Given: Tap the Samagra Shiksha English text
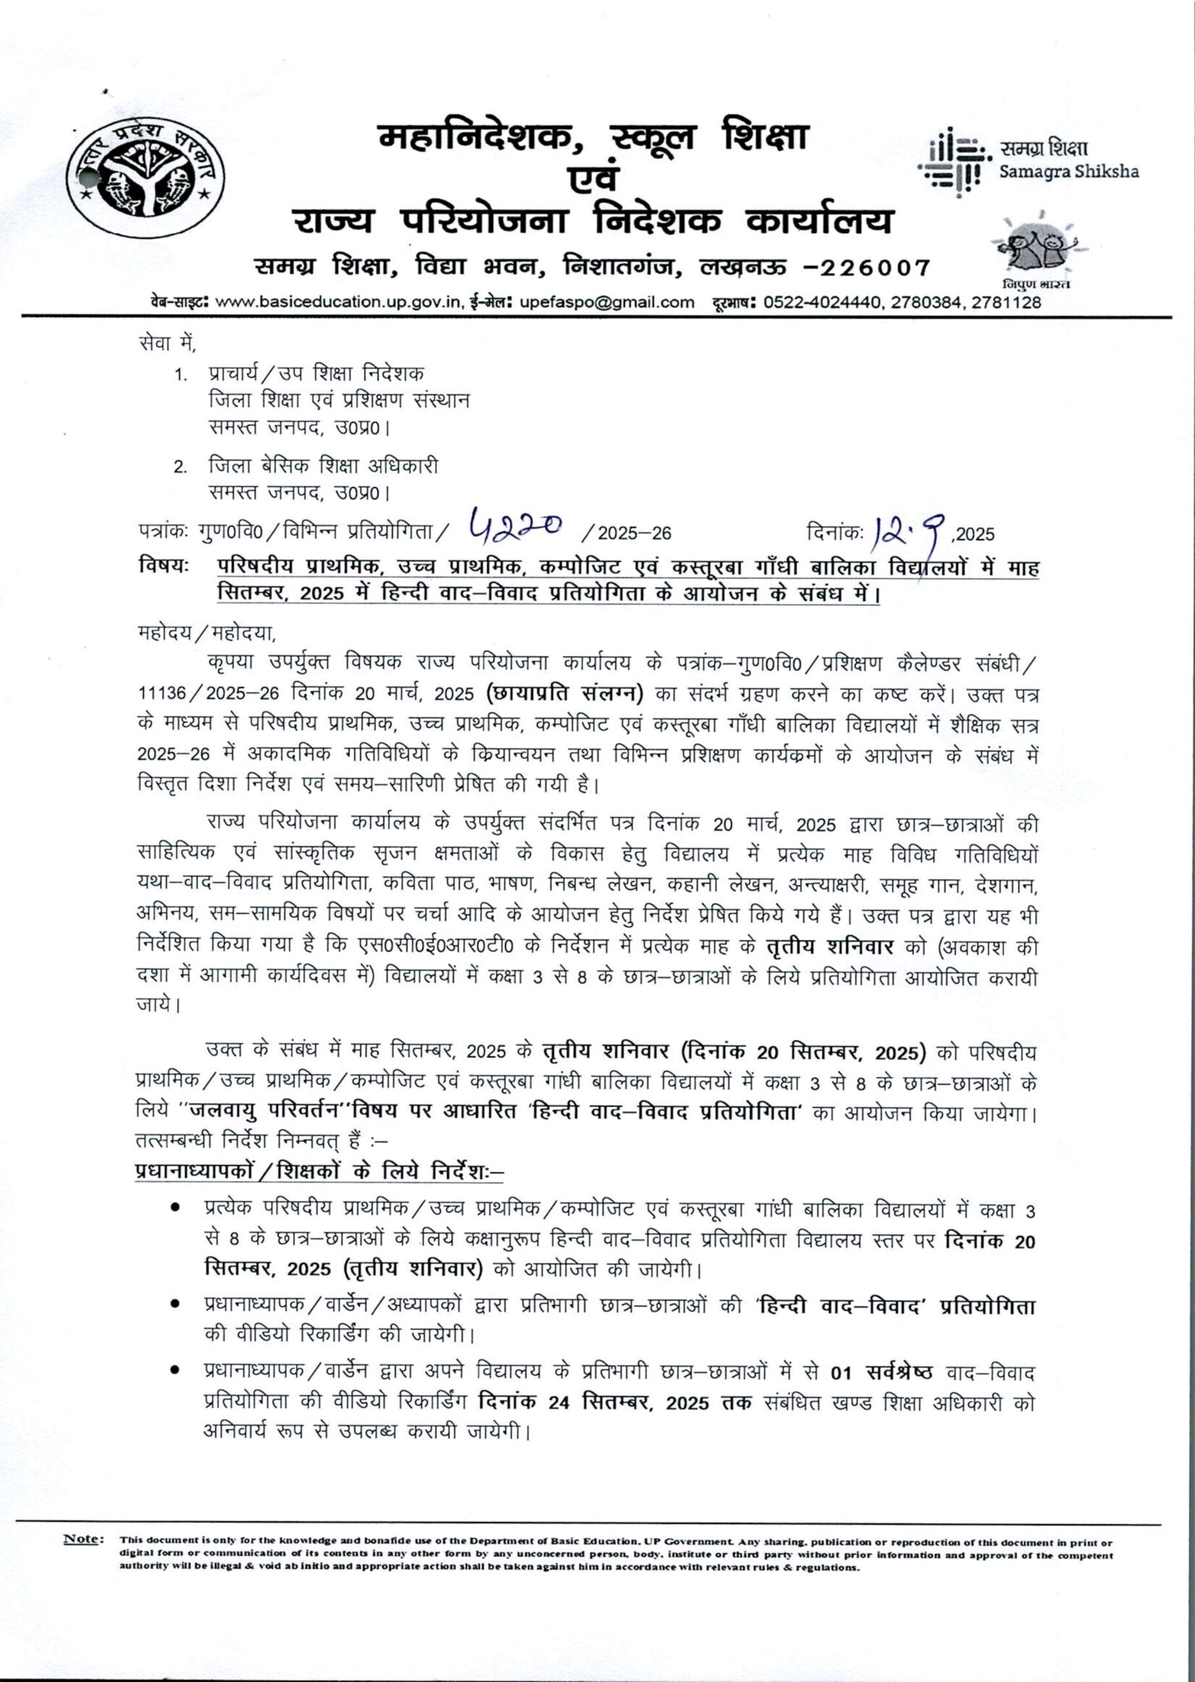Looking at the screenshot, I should point(1068,172).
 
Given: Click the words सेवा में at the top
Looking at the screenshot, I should point(166,342).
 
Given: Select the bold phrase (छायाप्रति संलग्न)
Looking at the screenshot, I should point(565,694).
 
